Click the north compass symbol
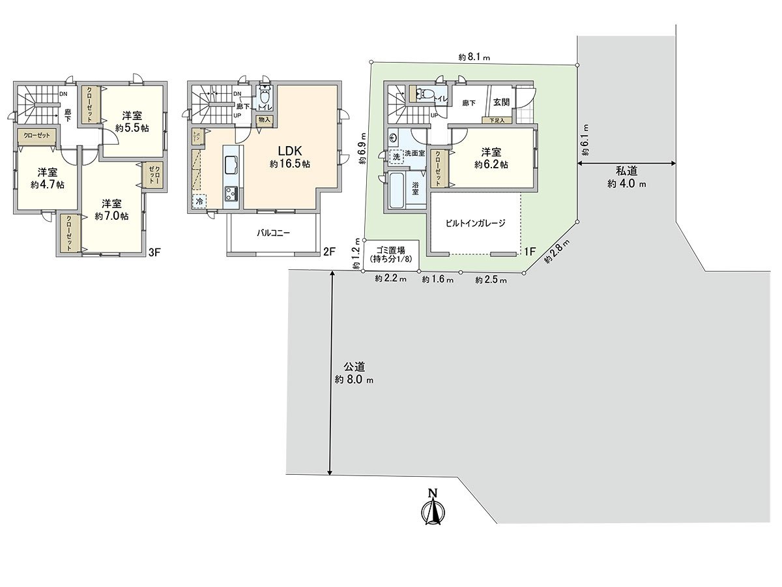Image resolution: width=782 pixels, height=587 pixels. tap(431, 507)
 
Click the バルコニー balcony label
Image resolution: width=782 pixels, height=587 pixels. tap(273, 232)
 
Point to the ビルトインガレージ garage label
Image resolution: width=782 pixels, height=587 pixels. tap(475, 223)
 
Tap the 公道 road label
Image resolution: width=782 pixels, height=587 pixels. tap(355, 367)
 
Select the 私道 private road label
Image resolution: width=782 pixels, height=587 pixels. tap(626, 172)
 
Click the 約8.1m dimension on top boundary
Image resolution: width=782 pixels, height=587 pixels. tap(474, 57)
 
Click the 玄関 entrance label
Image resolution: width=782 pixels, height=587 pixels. tap(501, 102)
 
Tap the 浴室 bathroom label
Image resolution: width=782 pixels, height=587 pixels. tap(415, 188)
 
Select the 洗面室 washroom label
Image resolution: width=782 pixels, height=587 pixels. tap(414, 153)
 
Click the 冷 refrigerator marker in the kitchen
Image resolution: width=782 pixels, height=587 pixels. tap(199, 202)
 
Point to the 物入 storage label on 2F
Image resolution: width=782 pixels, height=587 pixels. tap(264, 119)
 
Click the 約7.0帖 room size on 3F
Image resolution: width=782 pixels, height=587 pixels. tap(111, 216)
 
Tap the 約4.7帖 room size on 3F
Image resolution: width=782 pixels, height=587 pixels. tap(47, 185)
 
